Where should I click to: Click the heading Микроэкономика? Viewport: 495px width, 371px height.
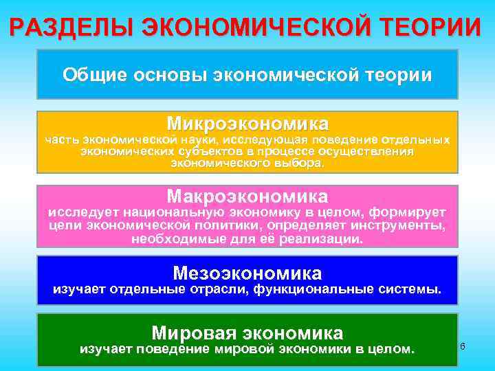(x=247, y=124)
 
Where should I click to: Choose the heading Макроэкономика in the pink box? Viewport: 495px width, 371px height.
(x=247, y=195)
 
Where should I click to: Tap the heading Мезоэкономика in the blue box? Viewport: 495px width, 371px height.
(x=247, y=272)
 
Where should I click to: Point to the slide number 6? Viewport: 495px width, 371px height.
(x=463, y=346)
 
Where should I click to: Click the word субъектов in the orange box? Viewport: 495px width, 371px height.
(x=210, y=152)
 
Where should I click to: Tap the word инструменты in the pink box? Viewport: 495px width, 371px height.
(x=406, y=225)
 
